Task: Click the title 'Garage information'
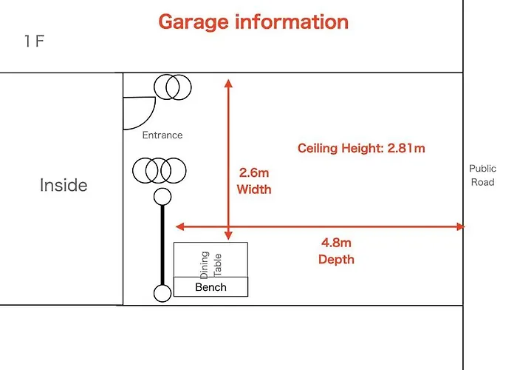tap(253, 22)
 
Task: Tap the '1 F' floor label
tap(34, 41)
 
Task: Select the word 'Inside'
tap(64, 185)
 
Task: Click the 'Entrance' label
tap(162, 135)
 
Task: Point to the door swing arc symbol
tap(151, 116)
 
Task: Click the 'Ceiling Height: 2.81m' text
tap(361, 148)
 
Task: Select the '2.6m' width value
tap(254, 172)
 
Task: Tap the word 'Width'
tap(254, 189)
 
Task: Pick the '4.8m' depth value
tap(336, 243)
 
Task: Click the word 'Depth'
tap(336, 259)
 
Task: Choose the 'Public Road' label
tap(483, 175)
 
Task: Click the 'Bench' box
tap(210, 287)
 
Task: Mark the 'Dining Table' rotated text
tap(210, 265)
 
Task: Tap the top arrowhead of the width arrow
tap(228, 83)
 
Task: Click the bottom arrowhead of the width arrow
tap(228, 235)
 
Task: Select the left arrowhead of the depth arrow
tap(179, 226)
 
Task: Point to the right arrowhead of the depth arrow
tap(461, 226)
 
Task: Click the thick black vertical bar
tap(162, 245)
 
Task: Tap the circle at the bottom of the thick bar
tap(162, 293)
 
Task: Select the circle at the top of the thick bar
tap(162, 197)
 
